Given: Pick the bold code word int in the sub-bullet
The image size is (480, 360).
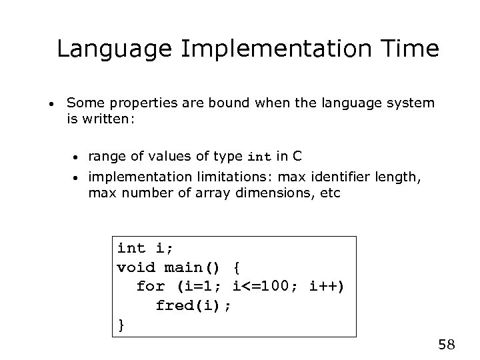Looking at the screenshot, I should click(x=259, y=158).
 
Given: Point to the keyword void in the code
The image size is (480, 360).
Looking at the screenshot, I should click(x=137, y=267).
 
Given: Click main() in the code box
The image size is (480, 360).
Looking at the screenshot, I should click(x=190, y=267).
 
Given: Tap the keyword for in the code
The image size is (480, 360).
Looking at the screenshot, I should click(x=151, y=287).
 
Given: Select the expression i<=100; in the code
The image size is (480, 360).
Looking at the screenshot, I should click(x=267, y=287).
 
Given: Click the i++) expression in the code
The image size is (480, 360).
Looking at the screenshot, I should click(x=326, y=287).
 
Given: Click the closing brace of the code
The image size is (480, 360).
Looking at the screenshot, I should click(x=121, y=325).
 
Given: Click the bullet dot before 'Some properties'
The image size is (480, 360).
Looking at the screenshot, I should click(x=51, y=104).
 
